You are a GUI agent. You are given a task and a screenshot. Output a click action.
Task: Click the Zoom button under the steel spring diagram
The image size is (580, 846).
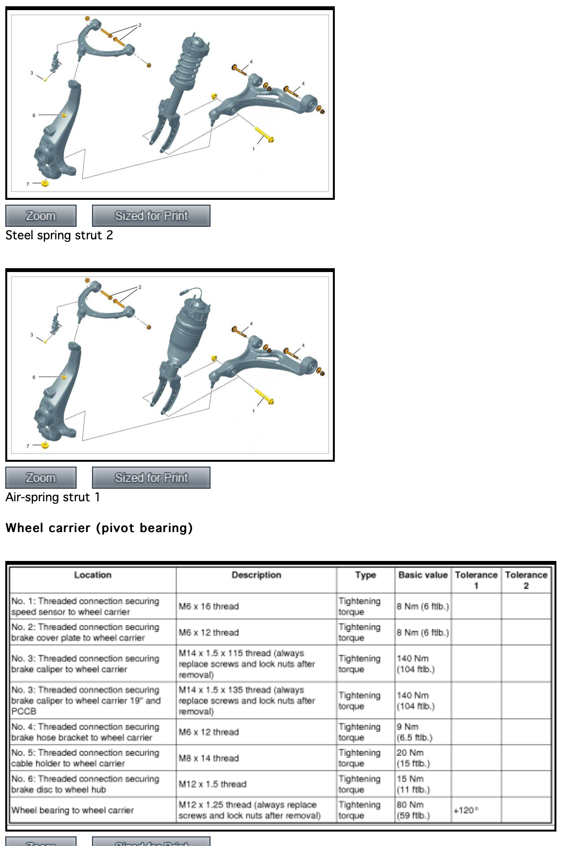pos(41,216)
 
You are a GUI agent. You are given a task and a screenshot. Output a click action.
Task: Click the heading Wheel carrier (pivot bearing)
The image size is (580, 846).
pos(99,528)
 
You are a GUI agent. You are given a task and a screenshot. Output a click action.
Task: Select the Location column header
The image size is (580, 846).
pos(92,575)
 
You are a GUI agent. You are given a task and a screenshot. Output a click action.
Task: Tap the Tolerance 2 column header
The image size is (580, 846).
pos(526,580)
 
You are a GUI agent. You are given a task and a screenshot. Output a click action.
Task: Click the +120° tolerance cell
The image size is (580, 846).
pos(466,810)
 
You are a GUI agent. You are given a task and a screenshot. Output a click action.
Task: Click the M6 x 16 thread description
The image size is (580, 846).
pos(209,606)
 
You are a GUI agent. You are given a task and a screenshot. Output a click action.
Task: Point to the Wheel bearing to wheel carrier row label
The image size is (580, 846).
pos(72,810)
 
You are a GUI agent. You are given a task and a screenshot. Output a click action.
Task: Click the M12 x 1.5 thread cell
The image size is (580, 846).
pos(212,784)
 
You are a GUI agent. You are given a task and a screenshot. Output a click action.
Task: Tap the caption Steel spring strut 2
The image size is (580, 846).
pos(59,235)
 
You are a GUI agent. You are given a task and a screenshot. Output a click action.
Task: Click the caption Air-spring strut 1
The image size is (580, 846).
pos(53,497)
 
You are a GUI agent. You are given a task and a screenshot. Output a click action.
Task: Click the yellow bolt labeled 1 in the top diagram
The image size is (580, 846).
pos(264,135)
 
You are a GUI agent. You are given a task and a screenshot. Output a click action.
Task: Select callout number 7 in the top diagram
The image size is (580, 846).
pos(28,184)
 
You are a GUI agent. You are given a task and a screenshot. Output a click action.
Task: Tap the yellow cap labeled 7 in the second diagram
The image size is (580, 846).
pos(45,445)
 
